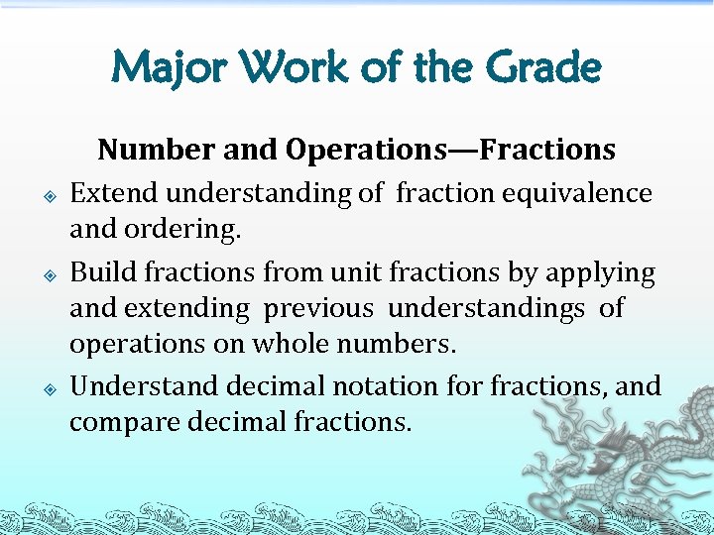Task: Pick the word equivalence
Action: pos(585,192)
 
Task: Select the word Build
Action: pos(99,270)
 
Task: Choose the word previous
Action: pos(318,309)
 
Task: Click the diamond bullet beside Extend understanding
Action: pos(50,194)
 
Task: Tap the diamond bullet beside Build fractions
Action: pos(50,272)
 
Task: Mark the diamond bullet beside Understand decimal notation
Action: pos(50,386)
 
